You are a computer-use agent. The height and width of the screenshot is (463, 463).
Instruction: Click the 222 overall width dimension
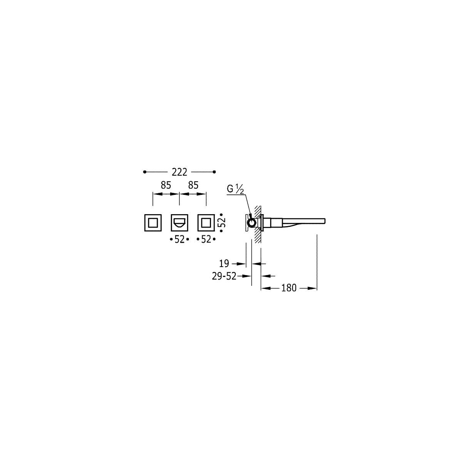(179, 172)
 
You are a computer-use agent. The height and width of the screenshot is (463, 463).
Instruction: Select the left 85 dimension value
(166, 185)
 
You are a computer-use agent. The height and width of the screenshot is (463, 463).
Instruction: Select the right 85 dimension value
(193, 185)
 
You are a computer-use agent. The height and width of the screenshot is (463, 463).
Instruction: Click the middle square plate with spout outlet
(179, 222)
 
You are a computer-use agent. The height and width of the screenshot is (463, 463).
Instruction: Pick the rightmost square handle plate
(206, 222)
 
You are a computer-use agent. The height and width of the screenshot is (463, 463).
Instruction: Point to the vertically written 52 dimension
(221, 222)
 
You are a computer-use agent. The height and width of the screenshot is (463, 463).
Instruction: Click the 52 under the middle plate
(179, 239)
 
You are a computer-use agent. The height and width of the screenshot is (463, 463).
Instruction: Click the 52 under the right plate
(206, 239)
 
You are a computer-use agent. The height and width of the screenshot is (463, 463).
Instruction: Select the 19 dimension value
(224, 264)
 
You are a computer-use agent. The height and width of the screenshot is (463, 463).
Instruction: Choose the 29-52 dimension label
(224, 276)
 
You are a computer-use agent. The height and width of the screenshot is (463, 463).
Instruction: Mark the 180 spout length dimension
(289, 288)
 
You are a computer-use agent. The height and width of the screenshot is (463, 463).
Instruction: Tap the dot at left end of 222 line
(144, 172)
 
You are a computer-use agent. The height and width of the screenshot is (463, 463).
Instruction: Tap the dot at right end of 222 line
(215, 172)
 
